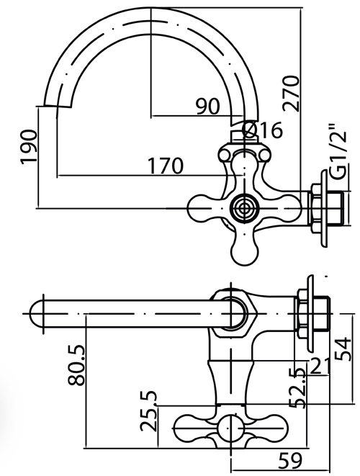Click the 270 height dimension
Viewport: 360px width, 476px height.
coord(292,93)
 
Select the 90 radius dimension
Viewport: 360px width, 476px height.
coord(207,107)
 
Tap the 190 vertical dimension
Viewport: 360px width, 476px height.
coord(30,147)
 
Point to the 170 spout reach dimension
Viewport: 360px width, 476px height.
coord(166,166)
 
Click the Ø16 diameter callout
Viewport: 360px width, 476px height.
coord(264,130)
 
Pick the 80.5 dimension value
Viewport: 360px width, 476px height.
coord(76,365)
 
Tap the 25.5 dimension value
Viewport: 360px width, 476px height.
coord(149,412)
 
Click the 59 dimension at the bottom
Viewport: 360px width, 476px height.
coord(291,460)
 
